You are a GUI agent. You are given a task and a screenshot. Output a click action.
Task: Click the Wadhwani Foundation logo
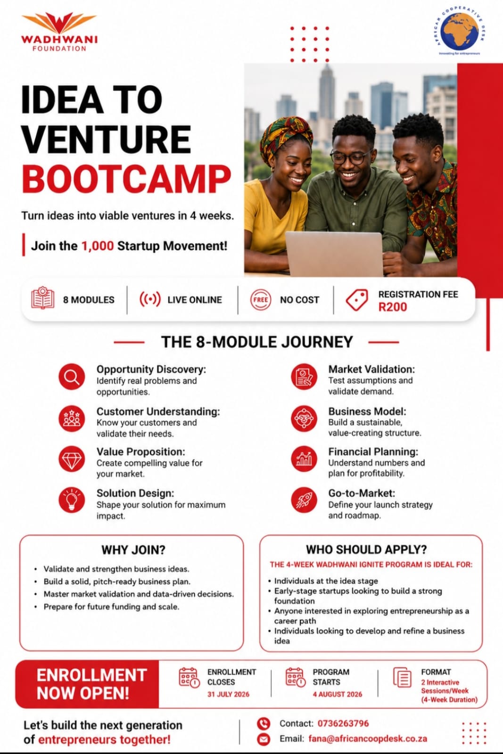point(59,32)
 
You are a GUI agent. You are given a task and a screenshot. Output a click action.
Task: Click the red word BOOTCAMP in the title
point(127,179)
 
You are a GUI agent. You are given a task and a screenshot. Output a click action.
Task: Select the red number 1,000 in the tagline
point(98,246)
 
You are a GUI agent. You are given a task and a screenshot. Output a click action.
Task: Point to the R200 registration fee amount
point(393,307)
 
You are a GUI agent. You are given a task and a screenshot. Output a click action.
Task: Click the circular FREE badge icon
point(261,300)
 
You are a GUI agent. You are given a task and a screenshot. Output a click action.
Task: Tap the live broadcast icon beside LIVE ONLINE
point(150,299)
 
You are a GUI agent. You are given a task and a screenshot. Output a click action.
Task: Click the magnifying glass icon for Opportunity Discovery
point(72,377)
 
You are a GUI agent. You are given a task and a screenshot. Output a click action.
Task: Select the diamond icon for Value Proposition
point(72,459)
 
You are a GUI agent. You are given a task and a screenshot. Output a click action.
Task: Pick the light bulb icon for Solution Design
point(72,500)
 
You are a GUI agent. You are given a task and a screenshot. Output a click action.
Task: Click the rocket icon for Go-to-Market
point(304,500)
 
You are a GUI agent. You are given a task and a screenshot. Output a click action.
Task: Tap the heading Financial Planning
point(373,452)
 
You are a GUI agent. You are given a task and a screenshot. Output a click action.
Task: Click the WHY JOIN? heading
point(134,550)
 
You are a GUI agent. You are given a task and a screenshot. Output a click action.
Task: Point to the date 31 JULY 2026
point(228,695)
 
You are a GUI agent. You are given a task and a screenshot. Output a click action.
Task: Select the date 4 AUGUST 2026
point(338,695)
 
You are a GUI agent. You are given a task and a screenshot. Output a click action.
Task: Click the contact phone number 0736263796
point(343,723)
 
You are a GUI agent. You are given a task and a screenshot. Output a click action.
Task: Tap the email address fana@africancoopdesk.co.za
point(368,739)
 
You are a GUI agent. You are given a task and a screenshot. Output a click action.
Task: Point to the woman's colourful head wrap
point(286,137)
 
